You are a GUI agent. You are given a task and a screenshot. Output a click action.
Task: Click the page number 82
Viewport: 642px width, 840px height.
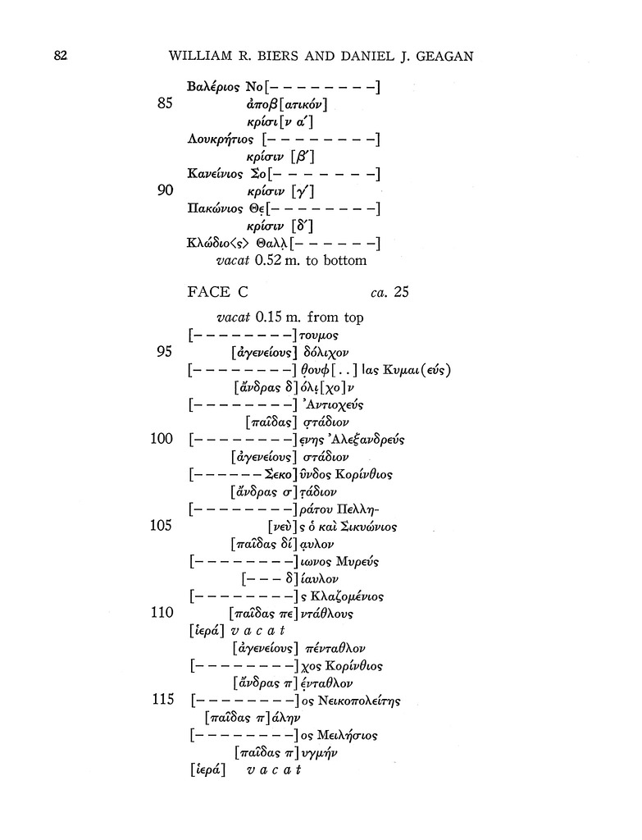click(x=60, y=56)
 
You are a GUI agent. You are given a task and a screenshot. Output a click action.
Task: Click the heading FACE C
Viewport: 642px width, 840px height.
click(x=217, y=292)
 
